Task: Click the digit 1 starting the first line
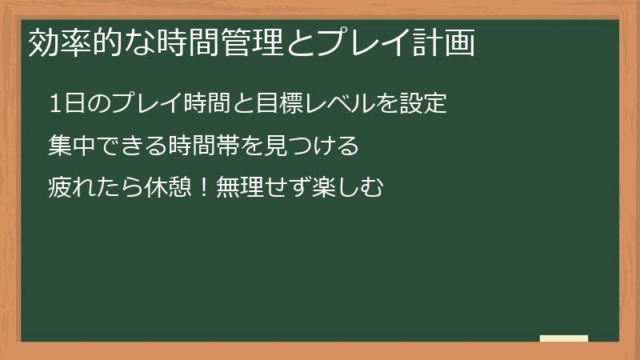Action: (x=55, y=104)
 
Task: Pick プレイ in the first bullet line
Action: (x=146, y=104)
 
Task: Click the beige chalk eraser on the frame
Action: (x=564, y=338)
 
